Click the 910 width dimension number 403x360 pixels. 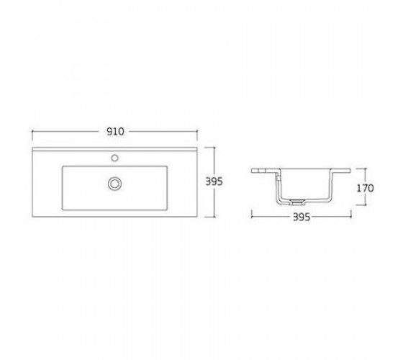(115, 132)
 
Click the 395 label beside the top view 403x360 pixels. (214, 181)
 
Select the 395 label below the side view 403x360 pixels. (302, 217)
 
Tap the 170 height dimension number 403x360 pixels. (366, 188)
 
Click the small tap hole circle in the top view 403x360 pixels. (115, 158)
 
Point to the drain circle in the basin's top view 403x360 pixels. (114, 184)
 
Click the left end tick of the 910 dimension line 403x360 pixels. (32, 135)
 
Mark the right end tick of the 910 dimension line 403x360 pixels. (197, 135)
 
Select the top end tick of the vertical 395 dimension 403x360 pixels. (209, 148)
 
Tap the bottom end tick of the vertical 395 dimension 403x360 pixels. (210, 217)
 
